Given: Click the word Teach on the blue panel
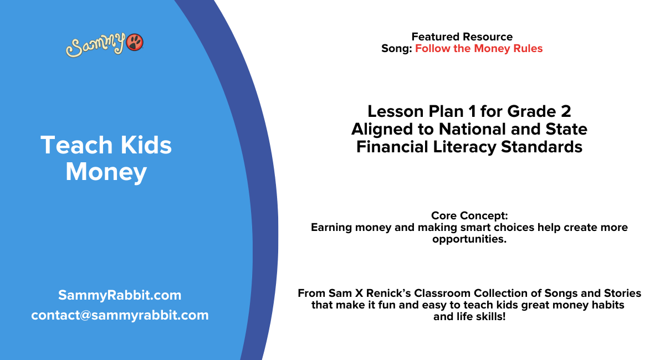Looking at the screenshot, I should point(71,145).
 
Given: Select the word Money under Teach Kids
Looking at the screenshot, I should point(106,172).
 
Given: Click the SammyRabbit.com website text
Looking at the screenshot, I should point(120,295).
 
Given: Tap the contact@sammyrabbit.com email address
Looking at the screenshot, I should point(120,315).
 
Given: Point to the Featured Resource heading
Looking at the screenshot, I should point(462,37).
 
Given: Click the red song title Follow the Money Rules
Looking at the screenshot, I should point(479,48).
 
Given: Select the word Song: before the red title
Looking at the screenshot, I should point(396,48).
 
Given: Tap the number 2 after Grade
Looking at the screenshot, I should point(565,111).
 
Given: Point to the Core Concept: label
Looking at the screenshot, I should point(469,215).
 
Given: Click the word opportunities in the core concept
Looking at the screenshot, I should point(469,239).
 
